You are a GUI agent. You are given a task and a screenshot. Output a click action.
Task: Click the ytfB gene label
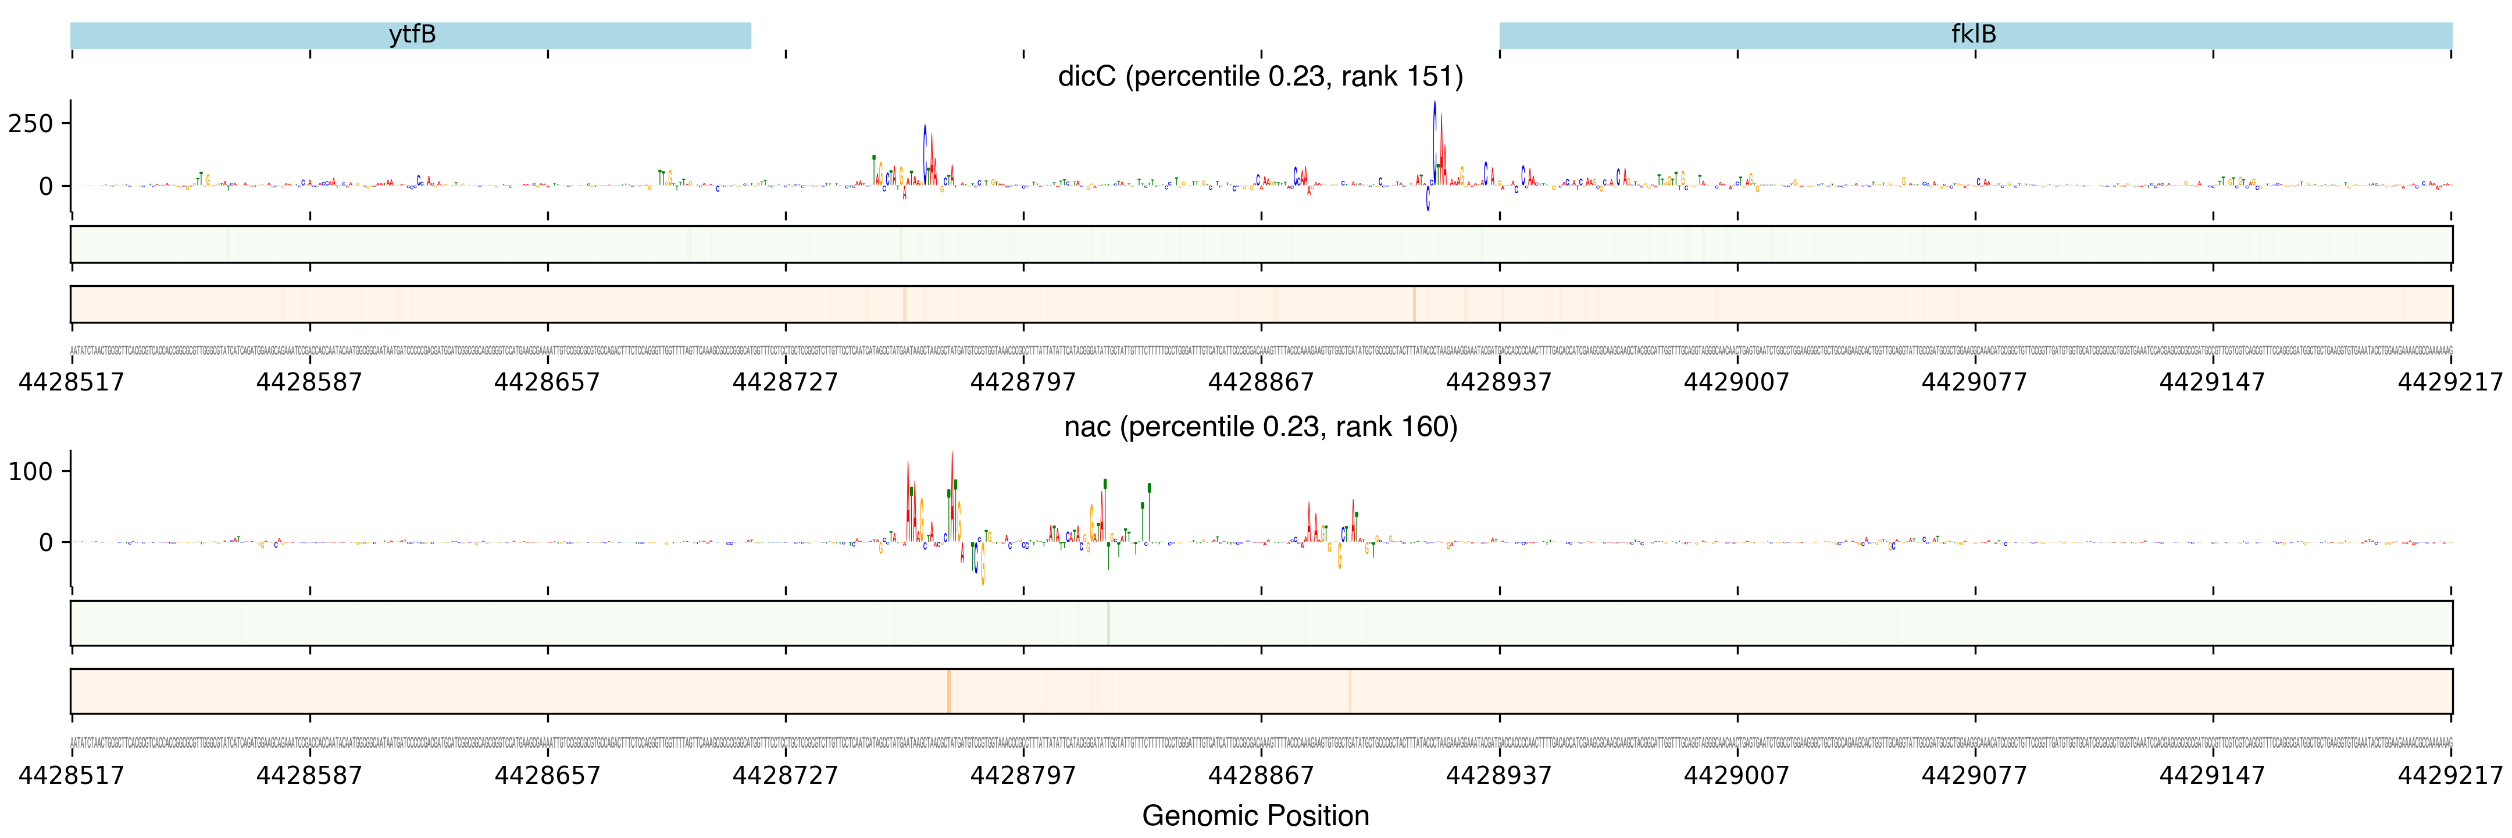coord(412,35)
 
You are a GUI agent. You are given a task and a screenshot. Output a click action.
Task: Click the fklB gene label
coord(1973,35)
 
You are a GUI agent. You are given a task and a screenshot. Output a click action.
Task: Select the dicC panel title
coord(1260,76)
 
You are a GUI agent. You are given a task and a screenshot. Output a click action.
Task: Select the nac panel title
coord(1260,427)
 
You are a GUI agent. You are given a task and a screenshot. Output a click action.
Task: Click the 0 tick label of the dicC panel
coord(46,186)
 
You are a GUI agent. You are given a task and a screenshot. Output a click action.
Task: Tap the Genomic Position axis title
coord(1255,815)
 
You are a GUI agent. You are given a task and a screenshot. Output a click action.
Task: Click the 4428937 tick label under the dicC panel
coord(1499,381)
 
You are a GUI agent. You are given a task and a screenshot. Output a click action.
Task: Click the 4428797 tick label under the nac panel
coord(1023,776)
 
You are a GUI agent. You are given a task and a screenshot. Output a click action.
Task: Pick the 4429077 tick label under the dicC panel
coord(1975,381)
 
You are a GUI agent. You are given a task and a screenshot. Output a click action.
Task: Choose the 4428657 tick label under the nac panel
coord(547,776)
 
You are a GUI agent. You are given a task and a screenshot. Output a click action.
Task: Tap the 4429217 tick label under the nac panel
coord(2450,776)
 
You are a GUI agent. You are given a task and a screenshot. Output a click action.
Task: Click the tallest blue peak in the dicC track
coord(1433,137)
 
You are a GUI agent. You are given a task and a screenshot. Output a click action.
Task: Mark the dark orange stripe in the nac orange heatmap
coord(948,691)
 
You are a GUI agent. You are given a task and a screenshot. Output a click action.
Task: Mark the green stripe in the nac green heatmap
coord(1108,623)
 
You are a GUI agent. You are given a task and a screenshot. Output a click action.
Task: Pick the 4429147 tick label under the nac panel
coord(2211,776)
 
